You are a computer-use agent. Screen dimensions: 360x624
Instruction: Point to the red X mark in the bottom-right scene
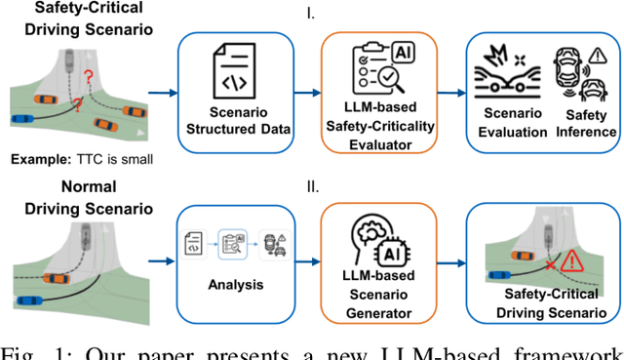551,264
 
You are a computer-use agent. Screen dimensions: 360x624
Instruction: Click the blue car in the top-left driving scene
21,121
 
